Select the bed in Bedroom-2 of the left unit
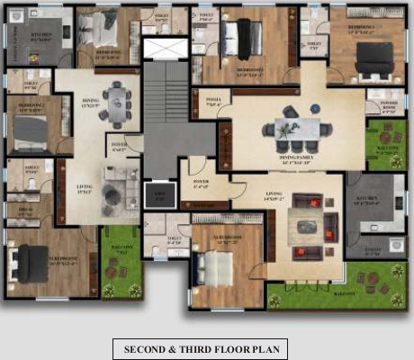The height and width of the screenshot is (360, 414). [x=30, y=129]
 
